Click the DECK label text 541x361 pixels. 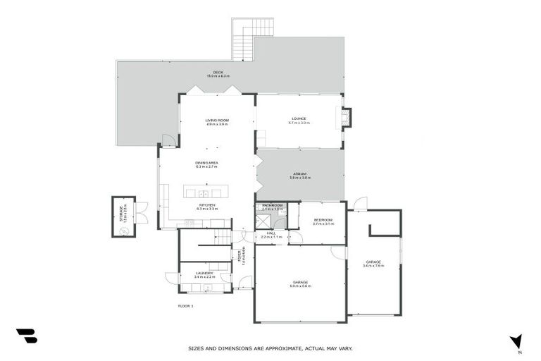[x=218, y=72]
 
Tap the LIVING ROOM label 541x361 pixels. [x=217, y=120]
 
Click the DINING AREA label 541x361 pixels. [x=206, y=163]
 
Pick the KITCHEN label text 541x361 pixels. [x=206, y=205]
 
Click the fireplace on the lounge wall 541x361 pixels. [x=345, y=118]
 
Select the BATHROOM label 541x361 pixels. [x=272, y=205]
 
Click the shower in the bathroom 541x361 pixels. [x=262, y=220]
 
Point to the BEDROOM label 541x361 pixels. [x=323, y=220]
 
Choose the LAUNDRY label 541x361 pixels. [x=204, y=273]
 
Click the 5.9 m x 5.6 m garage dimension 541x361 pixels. [x=300, y=286]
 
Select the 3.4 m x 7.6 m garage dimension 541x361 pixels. [x=373, y=266]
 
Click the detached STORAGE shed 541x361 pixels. [x=123, y=216]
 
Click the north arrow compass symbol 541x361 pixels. [x=517, y=342]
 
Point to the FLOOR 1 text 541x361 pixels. [x=185, y=306]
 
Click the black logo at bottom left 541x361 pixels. [x=26, y=336]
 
